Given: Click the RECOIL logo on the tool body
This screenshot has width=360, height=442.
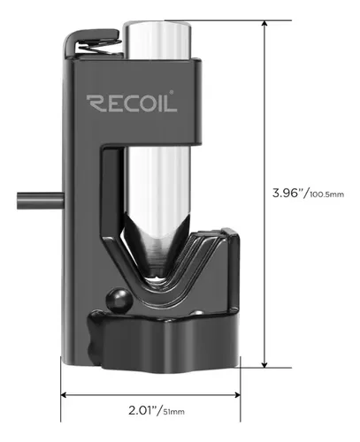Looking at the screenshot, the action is (132, 103).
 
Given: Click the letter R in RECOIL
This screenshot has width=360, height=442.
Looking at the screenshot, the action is (95, 103).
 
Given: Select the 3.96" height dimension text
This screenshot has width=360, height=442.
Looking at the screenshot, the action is (289, 194).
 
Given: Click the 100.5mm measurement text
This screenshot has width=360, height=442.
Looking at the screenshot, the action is (326, 194).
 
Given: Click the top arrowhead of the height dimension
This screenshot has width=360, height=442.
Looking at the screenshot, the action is (264, 24).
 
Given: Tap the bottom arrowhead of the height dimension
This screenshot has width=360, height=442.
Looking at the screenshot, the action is (264, 364).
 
